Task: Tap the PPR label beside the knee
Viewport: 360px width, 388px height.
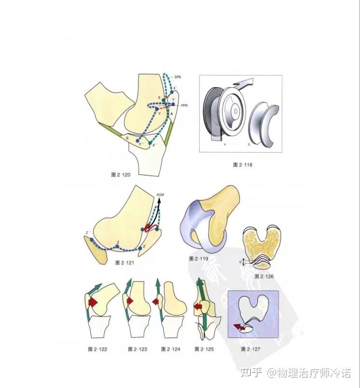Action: (185, 105)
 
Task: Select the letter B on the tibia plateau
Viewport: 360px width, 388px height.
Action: (127, 139)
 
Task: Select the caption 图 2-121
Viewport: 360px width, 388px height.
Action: (125, 263)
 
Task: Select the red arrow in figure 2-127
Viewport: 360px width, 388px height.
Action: (239, 328)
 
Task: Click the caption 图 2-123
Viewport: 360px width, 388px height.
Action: (137, 348)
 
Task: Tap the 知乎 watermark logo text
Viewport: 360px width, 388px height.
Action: (251, 373)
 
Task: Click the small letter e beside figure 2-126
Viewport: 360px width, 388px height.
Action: (242, 261)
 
